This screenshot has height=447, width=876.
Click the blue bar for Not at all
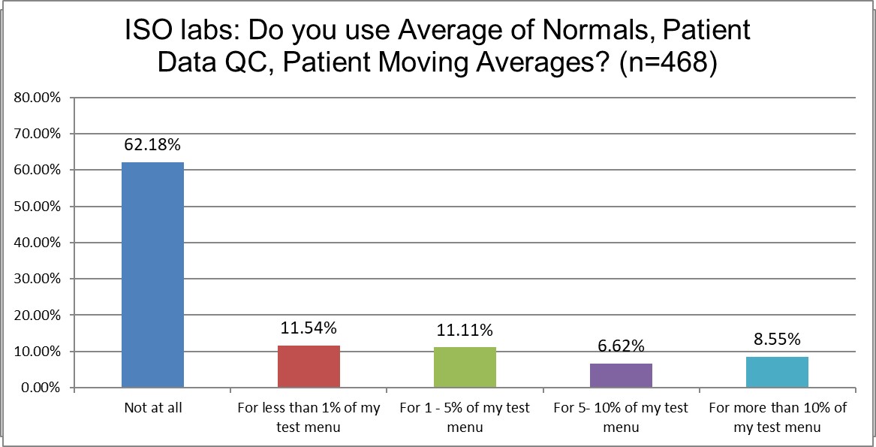pyautogui.click(x=152, y=275)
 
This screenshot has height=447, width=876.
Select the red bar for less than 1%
pyautogui.click(x=309, y=367)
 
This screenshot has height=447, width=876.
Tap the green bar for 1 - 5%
pyautogui.click(x=465, y=367)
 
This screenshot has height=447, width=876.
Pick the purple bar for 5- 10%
pyautogui.click(x=621, y=376)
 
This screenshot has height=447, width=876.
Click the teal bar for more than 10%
pyautogui.click(x=777, y=372)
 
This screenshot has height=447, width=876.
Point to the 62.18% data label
pyautogui.click(x=152, y=144)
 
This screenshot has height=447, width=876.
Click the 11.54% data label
pyautogui.click(x=309, y=328)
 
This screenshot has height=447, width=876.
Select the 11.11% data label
pyautogui.click(x=465, y=329)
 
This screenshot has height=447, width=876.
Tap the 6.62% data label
pyautogui.click(x=621, y=346)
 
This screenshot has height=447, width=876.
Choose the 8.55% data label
pyautogui.click(x=777, y=339)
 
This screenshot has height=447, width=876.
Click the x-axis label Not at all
pyautogui.click(x=152, y=408)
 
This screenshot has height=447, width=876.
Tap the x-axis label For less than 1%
pyautogui.click(x=309, y=417)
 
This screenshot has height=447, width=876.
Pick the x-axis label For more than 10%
pyautogui.click(x=777, y=417)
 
